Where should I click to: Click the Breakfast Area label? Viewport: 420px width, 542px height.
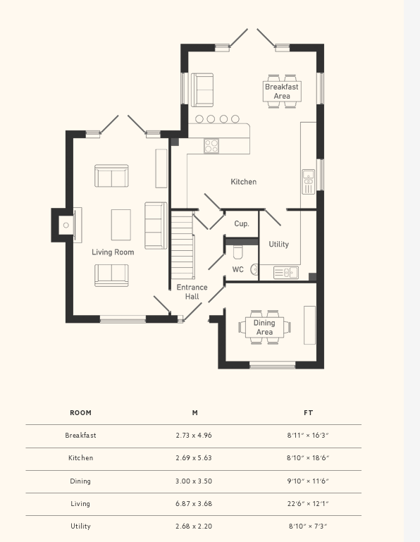point(282,91)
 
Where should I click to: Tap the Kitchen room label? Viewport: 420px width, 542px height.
point(244,182)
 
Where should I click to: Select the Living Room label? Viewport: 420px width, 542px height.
point(113,252)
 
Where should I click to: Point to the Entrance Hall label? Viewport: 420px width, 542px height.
point(192,292)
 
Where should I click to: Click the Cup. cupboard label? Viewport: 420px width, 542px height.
point(242,224)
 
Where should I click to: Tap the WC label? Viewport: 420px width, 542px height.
point(237,270)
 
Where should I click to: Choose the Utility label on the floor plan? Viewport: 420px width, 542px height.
point(278,245)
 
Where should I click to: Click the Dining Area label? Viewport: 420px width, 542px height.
point(264,327)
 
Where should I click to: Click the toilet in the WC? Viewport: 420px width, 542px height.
point(237,252)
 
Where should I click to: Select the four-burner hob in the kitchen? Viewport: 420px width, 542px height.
point(211,145)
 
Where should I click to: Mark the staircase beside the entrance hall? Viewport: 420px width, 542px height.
point(183,245)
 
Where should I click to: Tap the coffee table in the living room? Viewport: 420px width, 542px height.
point(121,225)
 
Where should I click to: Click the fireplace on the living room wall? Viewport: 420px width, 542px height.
point(66,226)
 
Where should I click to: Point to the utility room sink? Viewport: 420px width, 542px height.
point(286,272)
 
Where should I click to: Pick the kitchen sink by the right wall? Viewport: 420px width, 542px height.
point(309,182)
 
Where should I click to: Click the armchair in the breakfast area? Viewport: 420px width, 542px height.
point(202,90)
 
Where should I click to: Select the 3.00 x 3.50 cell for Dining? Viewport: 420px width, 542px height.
point(194,481)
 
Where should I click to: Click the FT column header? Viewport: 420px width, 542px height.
point(309,413)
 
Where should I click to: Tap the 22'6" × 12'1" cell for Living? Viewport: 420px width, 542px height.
point(308,504)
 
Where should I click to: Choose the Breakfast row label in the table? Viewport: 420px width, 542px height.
point(80,436)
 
